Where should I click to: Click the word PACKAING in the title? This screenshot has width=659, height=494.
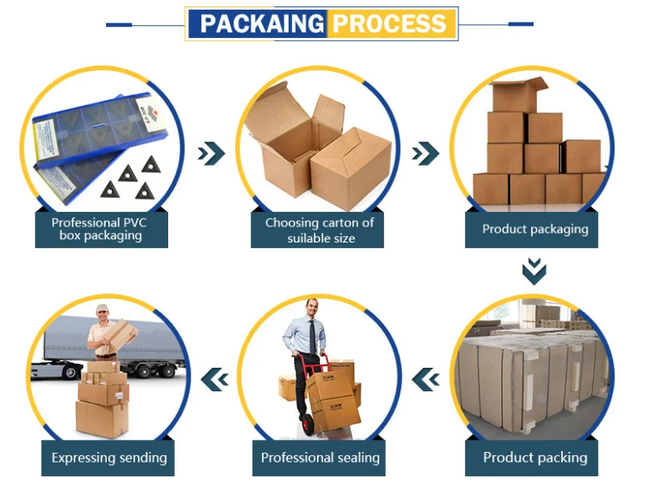[x=262, y=23]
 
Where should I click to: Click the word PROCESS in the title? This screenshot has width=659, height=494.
[x=389, y=23]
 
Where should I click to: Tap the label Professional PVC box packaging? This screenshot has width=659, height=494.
[x=99, y=229]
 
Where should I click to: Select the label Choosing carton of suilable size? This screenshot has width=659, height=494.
[x=319, y=230]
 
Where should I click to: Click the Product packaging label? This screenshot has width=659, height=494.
[x=535, y=230]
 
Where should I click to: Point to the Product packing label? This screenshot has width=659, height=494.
[x=535, y=458]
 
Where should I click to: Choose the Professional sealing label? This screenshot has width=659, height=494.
[x=320, y=458]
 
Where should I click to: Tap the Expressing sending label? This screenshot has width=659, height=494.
[x=109, y=458]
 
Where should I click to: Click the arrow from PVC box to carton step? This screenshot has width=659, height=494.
[x=211, y=154]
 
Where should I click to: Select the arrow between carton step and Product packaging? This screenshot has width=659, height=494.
[x=425, y=154]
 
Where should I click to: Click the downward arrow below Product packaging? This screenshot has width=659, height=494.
[x=534, y=272]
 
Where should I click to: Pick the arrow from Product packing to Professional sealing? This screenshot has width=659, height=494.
[x=426, y=379]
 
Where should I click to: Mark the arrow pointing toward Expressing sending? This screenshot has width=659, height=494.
[x=215, y=379]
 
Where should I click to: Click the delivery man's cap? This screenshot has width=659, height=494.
[x=102, y=308]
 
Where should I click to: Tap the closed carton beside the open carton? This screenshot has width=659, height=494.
[x=352, y=168]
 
